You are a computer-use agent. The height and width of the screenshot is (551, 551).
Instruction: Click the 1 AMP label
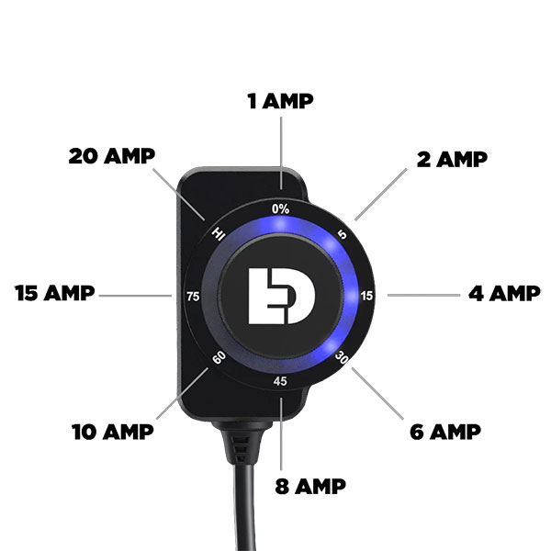pyautogui.click(x=280, y=101)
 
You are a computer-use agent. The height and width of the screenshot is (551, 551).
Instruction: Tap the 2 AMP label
pyautogui.click(x=452, y=159)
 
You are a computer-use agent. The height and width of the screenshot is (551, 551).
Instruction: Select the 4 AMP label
pyautogui.click(x=504, y=294)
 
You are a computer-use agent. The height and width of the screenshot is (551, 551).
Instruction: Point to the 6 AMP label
pyautogui.click(x=445, y=432)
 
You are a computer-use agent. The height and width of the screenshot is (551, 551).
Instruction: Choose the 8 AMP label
pyautogui.click(x=310, y=487)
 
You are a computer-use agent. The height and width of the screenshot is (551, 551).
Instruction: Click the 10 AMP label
pyautogui.click(x=113, y=432)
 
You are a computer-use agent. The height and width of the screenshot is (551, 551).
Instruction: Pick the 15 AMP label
pyautogui.click(x=55, y=293)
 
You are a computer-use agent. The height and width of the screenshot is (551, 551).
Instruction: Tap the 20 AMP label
pyautogui.click(x=112, y=156)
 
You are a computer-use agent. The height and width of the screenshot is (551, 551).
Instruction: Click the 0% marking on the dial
pyautogui.click(x=280, y=209)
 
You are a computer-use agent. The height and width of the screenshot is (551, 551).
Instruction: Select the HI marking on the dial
pyautogui.click(x=219, y=233)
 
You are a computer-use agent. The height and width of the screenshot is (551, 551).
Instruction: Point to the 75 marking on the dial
pyautogui.click(x=193, y=297)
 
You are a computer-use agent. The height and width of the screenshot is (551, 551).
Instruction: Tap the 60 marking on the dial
pyautogui.click(x=219, y=358)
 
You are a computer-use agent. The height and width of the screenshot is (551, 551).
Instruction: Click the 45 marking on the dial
pyautogui.click(x=280, y=381)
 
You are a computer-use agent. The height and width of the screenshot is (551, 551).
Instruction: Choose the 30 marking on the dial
pyautogui.click(x=342, y=357)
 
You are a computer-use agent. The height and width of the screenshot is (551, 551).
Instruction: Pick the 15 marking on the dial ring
pyautogui.click(x=366, y=296)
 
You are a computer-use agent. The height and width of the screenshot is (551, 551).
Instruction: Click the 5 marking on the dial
pyautogui.click(x=342, y=234)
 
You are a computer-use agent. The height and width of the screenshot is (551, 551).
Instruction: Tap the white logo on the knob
pyautogui.click(x=282, y=296)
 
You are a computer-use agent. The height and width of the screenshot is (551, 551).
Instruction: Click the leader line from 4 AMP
pyautogui.click(x=423, y=295)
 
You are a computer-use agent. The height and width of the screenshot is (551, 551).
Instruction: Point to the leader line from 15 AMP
pyautogui.click(x=135, y=296)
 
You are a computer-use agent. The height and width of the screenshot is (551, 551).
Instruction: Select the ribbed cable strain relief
pyautogui.click(x=242, y=444)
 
